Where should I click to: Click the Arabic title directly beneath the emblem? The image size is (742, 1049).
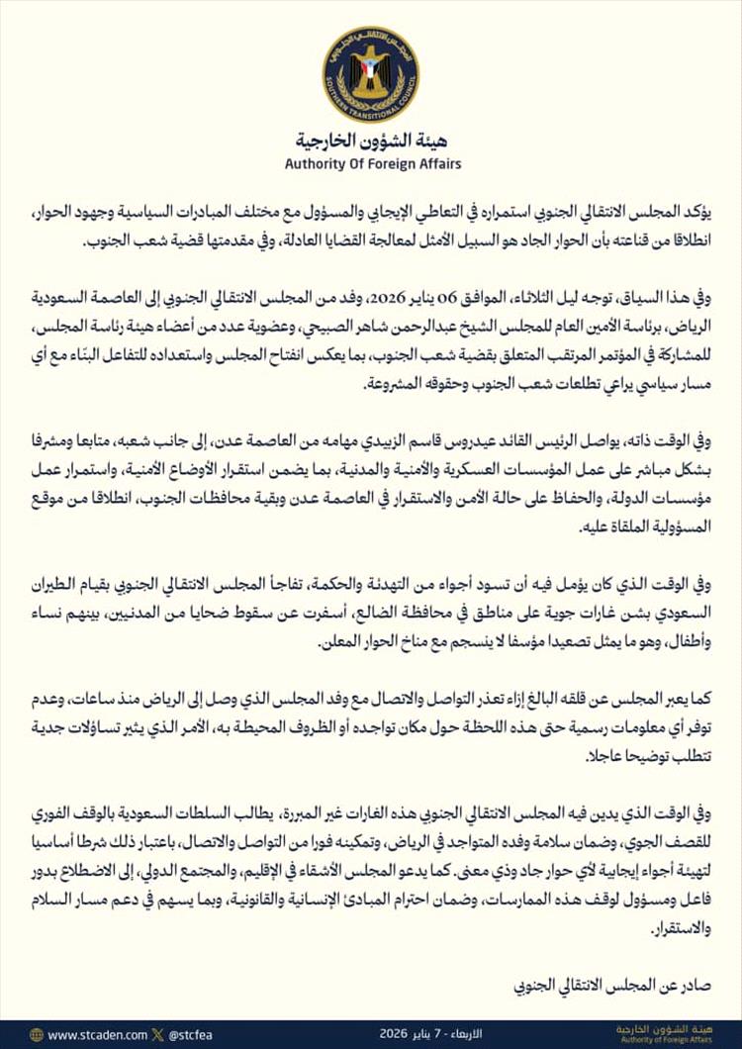[x=370, y=140]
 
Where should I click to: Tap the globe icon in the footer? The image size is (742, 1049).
[x=37, y=1034]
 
